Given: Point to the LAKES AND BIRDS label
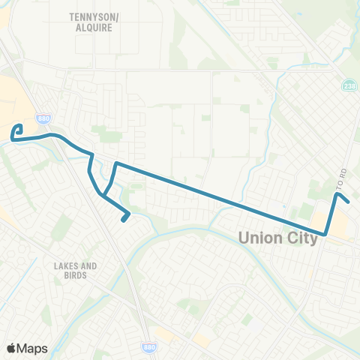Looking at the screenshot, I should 76,271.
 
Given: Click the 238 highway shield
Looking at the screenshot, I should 349,86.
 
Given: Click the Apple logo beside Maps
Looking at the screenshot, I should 12,348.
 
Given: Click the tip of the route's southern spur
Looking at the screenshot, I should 122,220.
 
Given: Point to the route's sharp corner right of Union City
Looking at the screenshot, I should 326,235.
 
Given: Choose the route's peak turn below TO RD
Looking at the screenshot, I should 337,194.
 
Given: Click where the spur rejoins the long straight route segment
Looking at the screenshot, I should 115,162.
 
